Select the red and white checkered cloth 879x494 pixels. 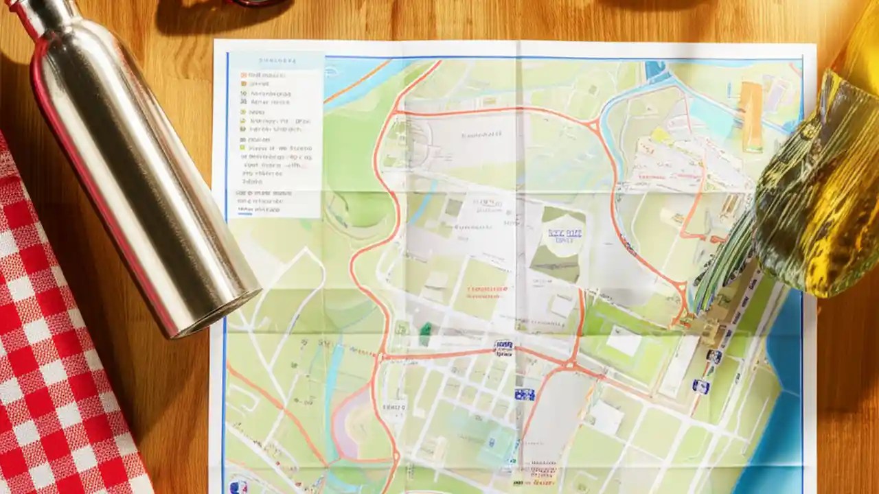click(x=55, y=343)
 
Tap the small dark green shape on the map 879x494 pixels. click(x=426, y=333)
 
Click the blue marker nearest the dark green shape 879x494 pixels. click(x=503, y=347)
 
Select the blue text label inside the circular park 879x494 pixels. click(x=564, y=235)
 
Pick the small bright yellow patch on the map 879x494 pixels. click(x=661, y=135)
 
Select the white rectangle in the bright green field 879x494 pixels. click(x=624, y=341)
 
